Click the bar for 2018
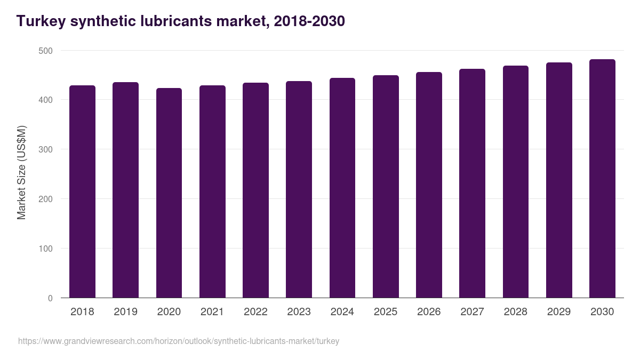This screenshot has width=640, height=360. [x=82, y=192]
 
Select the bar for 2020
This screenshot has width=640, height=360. [x=169, y=193]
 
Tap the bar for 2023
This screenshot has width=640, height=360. [x=299, y=190]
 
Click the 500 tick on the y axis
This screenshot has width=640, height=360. [x=46, y=51]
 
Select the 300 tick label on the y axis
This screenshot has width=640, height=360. [x=46, y=150]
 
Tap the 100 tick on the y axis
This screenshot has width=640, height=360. [x=46, y=249]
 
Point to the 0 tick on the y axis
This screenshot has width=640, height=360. [x=50, y=298]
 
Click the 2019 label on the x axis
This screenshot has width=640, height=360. [x=125, y=312]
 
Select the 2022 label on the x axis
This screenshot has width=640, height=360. [x=255, y=312]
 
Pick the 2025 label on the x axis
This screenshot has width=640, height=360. [x=386, y=312]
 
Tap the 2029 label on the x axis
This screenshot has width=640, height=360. [x=559, y=312]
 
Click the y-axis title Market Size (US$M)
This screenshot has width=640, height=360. [x=21, y=172]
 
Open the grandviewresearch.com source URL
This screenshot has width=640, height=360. [x=179, y=341]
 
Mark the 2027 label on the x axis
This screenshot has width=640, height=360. [x=472, y=312]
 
